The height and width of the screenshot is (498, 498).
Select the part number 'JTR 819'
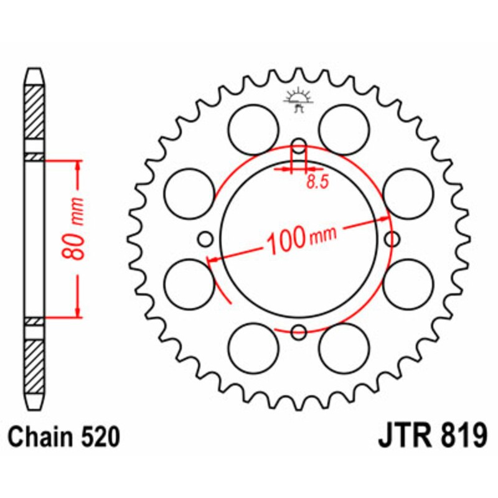(x=431, y=436)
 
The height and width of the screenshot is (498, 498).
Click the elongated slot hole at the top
(x=299, y=149)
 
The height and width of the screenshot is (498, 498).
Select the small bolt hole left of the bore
(x=205, y=239)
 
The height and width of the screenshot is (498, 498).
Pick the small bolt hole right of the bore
(x=392, y=239)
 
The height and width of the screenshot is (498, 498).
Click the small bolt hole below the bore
(x=299, y=332)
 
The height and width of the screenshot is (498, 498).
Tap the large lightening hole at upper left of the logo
(x=253, y=126)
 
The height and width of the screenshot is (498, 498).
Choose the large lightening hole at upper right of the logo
(x=344, y=126)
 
